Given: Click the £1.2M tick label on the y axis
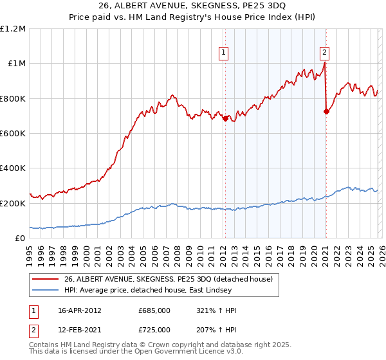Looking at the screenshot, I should pos(14,29).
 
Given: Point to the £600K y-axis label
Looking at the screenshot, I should pos(13,134).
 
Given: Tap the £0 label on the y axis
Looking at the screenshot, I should pos(21,238).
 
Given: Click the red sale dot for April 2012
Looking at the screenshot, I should pos(225,118).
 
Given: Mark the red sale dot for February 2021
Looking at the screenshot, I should pos(326,112).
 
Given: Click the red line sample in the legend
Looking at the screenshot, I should pos(46,279).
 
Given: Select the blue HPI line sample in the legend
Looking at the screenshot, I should pos(46,290).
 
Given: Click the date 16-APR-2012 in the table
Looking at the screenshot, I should pos(80,310).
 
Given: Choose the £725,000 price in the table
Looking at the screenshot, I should pos(154,329).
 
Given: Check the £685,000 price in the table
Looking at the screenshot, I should pos(154,310).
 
